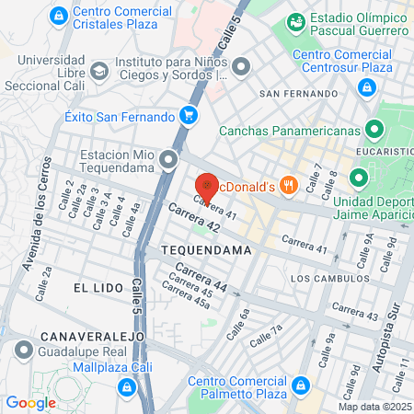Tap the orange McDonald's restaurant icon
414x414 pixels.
pyautogui.click(x=289, y=185)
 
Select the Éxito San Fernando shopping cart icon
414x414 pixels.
pyautogui.click(x=188, y=116)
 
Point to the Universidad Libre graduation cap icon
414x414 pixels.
pyautogui.click(x=98, y=71)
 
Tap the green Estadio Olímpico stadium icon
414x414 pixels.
pyautogui.click(x=296, y=20)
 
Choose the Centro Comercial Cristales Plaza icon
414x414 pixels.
pyautogui.click(x=58, y=16)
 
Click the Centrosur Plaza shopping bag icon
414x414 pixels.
pyautogui.click(x=366, y=87)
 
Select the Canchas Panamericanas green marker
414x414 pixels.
pyautogui.click(x=374, y=130)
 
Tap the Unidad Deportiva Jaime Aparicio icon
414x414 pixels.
pyautogui.click(x=360, y=178)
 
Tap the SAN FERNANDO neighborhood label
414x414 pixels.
pyautogui.click(x=293, y=94)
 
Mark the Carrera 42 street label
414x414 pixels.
pyautogui.click(x=194, y=224)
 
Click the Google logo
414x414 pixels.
pyautogui.click(x=30, y=402)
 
